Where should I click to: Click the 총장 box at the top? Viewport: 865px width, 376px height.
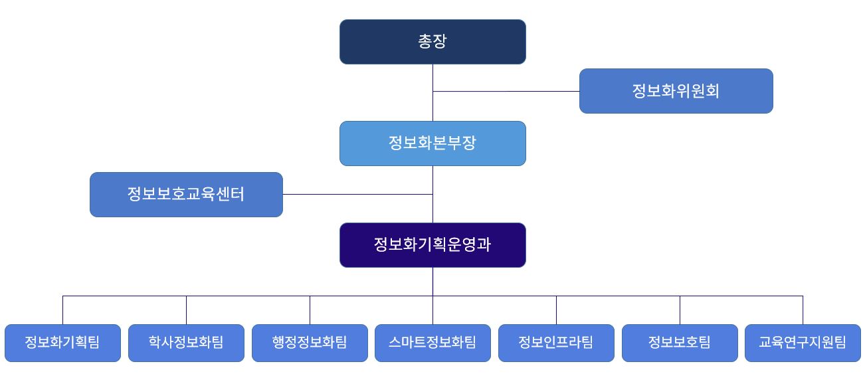click(x=432, y=42)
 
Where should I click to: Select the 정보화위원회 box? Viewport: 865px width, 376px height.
click(x=676, y=91)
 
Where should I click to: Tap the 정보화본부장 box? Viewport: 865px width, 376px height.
click(x=432, y=143)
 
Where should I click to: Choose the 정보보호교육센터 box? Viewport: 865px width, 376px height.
click(x=186, y=195)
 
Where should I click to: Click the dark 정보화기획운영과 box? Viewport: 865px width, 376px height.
click(x=432, y=245)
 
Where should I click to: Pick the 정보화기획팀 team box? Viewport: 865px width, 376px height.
click(x=62, y=343)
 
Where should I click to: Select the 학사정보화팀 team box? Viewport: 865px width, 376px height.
click(x=186, y=343)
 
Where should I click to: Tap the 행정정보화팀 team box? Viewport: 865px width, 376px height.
click(x=310, y=343)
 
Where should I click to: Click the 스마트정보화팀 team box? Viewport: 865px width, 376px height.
click(x=432, y=343)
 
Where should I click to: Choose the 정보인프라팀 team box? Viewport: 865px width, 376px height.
click(x=556, y=343)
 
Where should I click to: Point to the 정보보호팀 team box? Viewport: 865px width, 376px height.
click(x=680, y=343)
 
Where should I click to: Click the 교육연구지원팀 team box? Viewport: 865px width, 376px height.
click(x=803, y=343)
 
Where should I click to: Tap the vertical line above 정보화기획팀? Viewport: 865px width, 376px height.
click(x=62, y=310)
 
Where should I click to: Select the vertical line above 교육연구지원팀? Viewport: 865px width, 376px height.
click(x=803, y=310)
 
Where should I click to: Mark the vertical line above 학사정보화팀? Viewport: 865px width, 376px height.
click(x=186, y=310)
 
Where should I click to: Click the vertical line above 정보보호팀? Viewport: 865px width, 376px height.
click(x=680, y=310)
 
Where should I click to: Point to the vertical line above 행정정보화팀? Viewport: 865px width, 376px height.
click(x=310, y=310)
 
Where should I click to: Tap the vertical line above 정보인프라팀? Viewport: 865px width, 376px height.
click(x=556, y=310)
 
